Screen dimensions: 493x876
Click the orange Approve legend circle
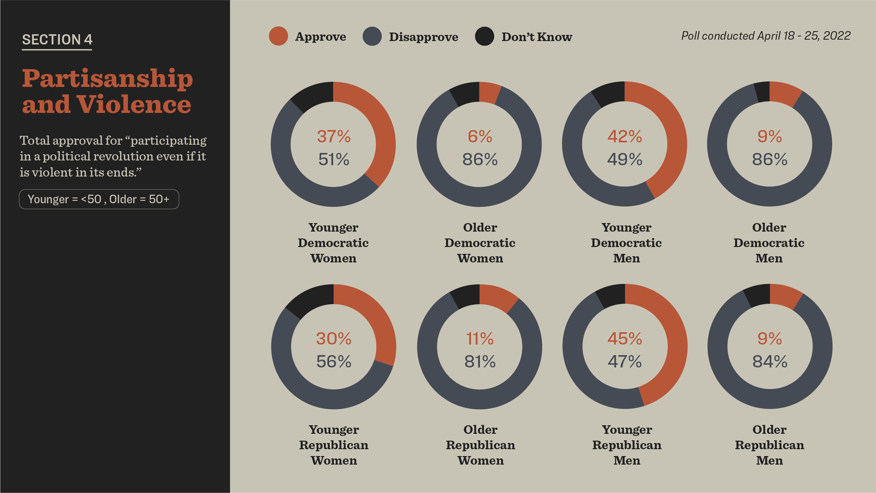278,36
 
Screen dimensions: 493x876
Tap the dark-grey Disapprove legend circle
372,36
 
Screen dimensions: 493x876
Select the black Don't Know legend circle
484,36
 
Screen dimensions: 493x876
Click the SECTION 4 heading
57,40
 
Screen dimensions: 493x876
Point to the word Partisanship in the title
107,78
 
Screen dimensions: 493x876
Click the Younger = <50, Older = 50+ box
99,199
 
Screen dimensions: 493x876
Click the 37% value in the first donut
334,137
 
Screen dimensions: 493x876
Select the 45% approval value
625,339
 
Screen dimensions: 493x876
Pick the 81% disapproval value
480,362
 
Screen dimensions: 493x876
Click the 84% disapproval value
770,362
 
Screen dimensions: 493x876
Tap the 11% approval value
480,339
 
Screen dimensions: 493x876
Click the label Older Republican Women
481,445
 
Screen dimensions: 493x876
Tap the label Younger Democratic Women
334,243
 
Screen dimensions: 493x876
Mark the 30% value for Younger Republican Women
334,339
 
